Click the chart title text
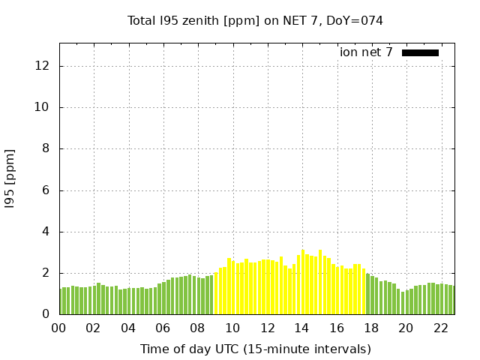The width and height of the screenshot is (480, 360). pos(255,21)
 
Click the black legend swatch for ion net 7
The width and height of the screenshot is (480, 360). pos(420,52)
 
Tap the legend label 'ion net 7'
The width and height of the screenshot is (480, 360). pos(366,52)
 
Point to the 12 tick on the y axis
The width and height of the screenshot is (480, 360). pos(43,66)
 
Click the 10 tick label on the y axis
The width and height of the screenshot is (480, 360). pos(43,107)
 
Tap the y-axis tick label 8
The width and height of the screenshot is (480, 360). pos(46,148)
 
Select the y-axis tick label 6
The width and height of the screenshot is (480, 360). pos(46,190)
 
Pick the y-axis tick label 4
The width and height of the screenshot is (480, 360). pos(46,232)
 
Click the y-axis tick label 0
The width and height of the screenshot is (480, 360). pos(46,314)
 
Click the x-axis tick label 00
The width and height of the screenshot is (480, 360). pos(59,328)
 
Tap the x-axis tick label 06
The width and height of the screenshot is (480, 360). pos(163,328)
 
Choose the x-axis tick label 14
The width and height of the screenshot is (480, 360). pos(302,328)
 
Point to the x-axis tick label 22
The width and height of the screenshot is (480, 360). pos(441,328)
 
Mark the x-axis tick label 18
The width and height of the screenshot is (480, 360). pos(371,328)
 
